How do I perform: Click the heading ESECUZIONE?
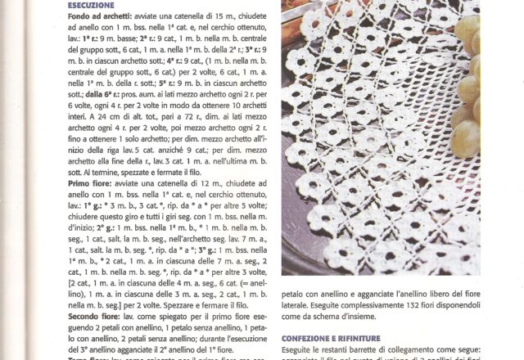(91, 5)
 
